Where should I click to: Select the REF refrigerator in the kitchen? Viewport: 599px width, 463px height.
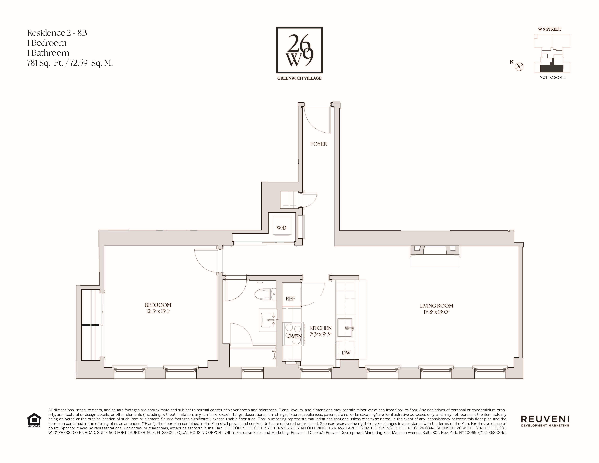290,298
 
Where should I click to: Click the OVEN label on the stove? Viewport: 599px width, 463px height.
295,336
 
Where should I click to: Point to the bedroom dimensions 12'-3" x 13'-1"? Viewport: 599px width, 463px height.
158,311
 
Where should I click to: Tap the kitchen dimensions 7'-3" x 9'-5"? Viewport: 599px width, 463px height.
320,334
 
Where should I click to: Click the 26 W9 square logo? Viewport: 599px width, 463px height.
299,50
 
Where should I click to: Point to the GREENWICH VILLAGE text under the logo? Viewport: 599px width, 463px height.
299,78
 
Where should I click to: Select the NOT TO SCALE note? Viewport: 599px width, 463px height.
552,77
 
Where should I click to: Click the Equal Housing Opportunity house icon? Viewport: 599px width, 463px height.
34,420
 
